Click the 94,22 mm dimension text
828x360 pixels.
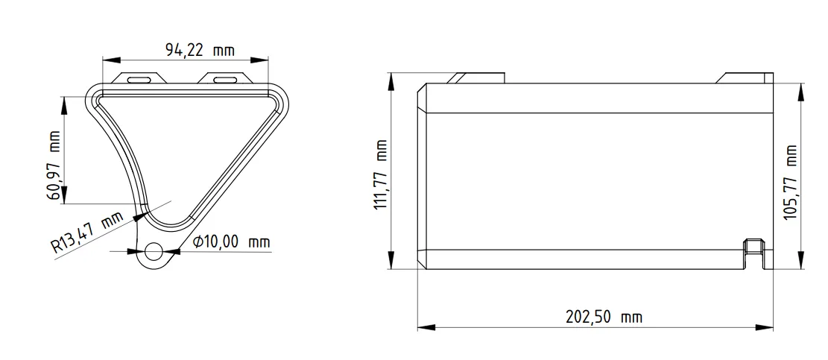199,51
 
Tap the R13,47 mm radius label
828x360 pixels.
88,233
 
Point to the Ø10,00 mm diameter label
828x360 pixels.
231,242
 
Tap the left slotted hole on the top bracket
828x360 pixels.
139,78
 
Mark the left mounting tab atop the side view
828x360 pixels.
478,78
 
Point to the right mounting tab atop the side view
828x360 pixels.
745,78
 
